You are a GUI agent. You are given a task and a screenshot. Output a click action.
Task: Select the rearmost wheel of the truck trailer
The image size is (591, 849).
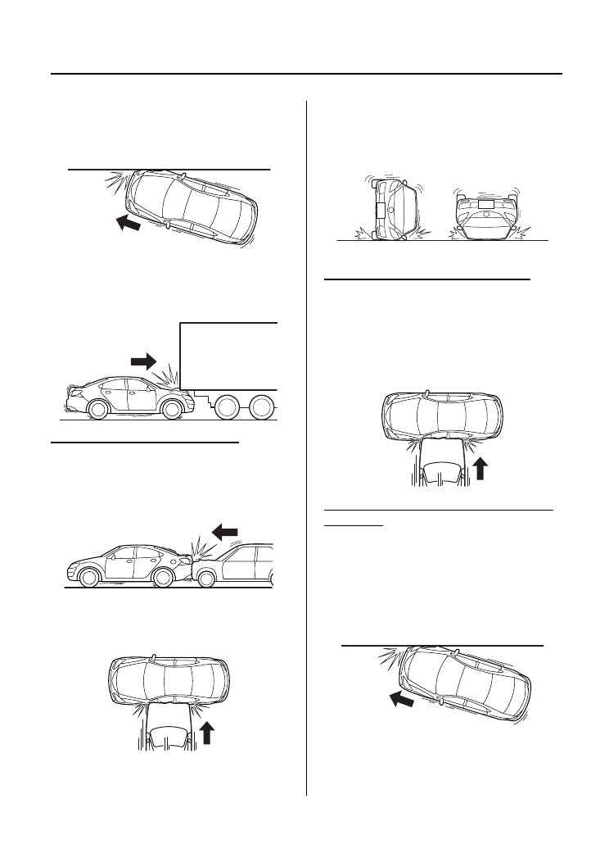coord(263,407)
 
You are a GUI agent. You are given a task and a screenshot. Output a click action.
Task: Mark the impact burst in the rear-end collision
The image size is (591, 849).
coord(198,544)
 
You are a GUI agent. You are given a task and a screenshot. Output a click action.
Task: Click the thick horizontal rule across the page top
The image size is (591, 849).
coord(306,75)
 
